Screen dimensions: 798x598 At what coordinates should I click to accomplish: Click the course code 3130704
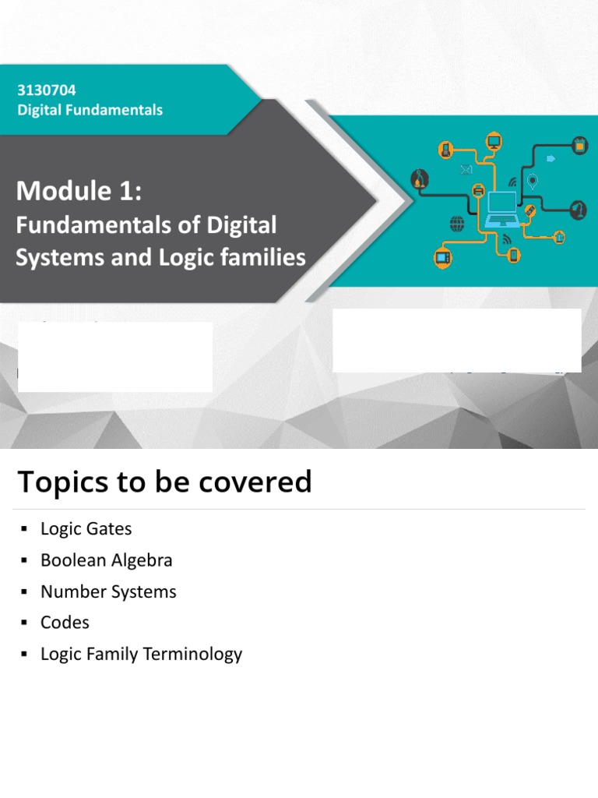(x=47, y=90)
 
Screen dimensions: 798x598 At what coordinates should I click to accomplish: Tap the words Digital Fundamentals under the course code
(x=90, y=110)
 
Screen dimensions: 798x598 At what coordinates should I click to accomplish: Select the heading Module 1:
(x=79, y=189)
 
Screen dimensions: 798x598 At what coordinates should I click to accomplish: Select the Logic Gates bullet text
(x=86, y=528)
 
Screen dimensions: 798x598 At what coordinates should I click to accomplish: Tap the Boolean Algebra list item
(x=106, y=560)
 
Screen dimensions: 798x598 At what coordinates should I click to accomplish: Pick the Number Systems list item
(x=108, y=591)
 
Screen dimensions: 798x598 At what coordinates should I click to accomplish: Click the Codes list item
(x=65, y=623)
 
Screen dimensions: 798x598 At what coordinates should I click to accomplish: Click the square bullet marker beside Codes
(x=23, y=623)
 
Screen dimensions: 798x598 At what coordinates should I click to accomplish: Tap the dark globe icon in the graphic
(x=457, y=224)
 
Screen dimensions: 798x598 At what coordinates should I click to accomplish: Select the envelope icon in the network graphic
(x=466, y=170)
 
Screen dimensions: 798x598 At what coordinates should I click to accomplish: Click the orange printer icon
(x=478, y=190)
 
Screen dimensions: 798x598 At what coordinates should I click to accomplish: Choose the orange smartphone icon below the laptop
(x=513, y=255)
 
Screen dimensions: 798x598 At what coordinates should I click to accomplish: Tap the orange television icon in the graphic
(x=443, y=256)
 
